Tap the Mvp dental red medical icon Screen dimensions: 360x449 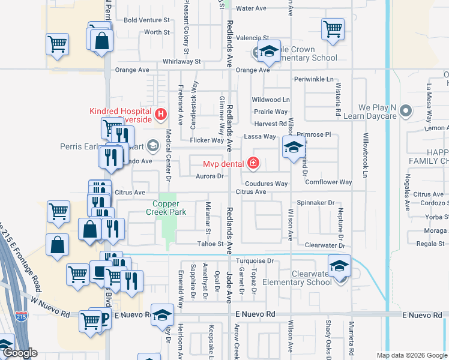tap(253, 163)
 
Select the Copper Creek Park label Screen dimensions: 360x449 tap(166, 208)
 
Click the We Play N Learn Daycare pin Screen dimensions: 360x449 tap(406, 110)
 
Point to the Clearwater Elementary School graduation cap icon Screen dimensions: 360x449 tap(339, 265)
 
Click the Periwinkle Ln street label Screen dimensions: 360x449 tap(313, 79)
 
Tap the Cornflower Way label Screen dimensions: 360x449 tap(328, 182)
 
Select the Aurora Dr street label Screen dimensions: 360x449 tap(209, 176)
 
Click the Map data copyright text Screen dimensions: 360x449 tap(412, 355)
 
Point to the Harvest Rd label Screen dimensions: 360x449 tap(270, 124)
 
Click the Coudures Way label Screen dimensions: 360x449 tap(266, 184)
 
